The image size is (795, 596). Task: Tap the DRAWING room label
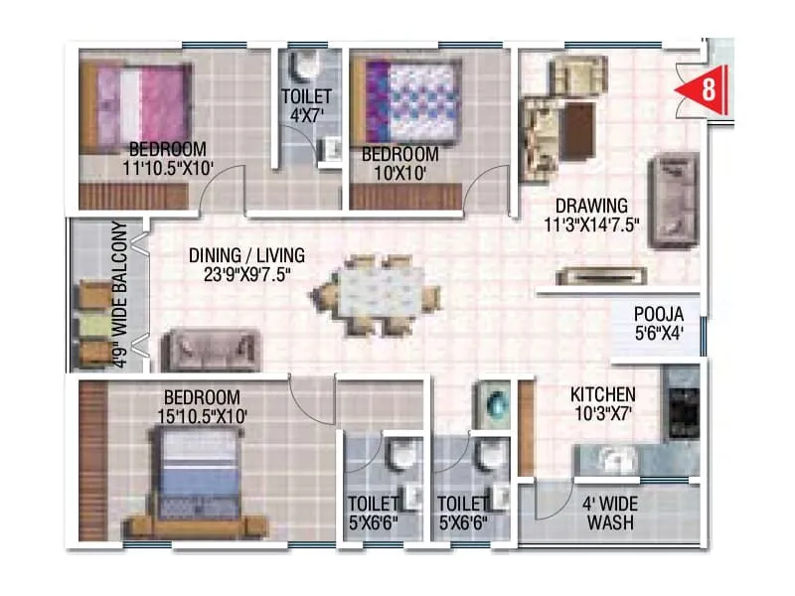[591, 207]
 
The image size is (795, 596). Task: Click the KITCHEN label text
[603, 394]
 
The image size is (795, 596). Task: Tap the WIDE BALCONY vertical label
[120, 295]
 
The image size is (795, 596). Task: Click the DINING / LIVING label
[246, 255]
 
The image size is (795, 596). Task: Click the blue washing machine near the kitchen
[495, 406]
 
